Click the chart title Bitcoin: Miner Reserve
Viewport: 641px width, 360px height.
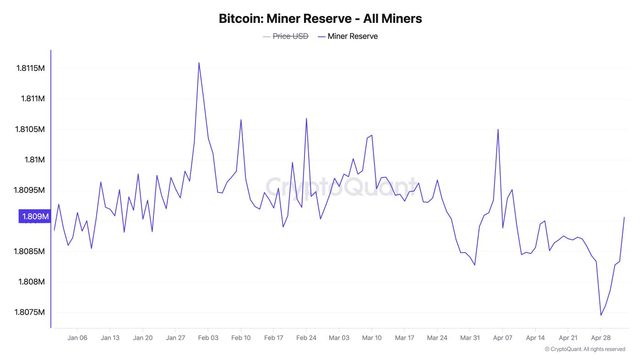(320, 19)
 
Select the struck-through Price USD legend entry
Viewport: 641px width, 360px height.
(290, 36)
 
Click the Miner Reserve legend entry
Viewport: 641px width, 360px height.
(352, 36)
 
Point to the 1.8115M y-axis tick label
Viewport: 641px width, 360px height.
(30, 69)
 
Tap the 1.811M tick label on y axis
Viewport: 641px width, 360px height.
(33, 99)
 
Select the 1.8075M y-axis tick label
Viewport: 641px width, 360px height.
(30, 312)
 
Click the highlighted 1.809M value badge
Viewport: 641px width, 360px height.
(34, 216)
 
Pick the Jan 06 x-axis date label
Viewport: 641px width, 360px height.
(77, 338)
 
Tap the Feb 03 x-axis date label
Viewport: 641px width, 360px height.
(208, 338)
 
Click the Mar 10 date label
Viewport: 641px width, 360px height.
(371, 338)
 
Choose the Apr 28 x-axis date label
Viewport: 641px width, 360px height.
(601, 338)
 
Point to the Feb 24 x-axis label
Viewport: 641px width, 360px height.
(306, 338)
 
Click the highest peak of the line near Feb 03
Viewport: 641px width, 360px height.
(199, 63)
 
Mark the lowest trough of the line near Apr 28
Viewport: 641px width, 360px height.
(601, 315)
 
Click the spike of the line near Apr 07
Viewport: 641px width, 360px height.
(498, 129)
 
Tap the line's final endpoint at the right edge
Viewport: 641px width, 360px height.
(624, 217)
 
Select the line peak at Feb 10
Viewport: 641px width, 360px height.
(241, 119)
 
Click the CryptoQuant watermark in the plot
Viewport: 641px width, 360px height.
(341, 187)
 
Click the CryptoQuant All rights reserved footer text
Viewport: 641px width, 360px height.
(585, 349)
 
